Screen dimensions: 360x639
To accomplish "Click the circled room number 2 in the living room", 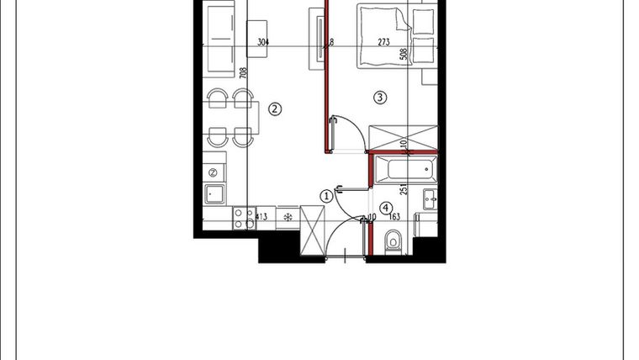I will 273,108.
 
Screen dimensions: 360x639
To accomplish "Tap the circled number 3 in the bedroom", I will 380,98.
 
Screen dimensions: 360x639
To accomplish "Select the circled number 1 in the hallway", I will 326,196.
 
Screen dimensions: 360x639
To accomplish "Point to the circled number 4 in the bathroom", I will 386,208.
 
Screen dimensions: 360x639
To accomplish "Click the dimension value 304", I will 263,41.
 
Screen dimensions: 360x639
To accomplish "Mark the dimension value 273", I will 384,41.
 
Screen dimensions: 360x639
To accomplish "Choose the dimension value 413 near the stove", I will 261,218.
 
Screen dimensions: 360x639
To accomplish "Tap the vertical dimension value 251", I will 404,190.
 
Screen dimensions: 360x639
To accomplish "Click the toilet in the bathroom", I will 393,243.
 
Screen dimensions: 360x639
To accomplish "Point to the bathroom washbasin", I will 429,199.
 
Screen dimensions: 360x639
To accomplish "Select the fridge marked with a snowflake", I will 288,218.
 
